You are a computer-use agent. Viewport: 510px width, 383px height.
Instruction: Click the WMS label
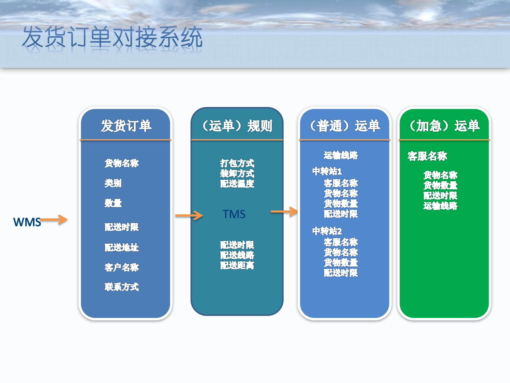coord(27,222)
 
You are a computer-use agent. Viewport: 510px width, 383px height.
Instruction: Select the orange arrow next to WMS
coord(54,220)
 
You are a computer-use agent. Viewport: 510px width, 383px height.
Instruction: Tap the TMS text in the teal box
coord(234,214)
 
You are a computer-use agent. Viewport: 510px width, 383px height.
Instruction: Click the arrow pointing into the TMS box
coord(189,215)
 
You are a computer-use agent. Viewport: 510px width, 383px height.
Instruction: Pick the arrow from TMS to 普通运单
coord(284,212)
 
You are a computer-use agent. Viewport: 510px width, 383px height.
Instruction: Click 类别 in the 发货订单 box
coord(113,183)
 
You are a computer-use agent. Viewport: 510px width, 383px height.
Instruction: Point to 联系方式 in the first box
coord(122,287)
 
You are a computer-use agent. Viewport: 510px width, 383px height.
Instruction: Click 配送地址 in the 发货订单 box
coord(122,247)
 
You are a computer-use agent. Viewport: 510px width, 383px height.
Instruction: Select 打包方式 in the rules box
coord(237,163)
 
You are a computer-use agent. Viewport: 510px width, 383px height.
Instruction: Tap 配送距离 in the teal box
coord(237,265)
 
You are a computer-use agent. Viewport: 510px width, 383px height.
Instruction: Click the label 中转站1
coord(327,171)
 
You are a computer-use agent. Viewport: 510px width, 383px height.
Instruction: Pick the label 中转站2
coord(327,231)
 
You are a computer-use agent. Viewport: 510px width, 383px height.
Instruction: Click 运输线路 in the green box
coord(440,206)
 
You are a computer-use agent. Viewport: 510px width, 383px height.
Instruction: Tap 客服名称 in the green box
coord(427,156)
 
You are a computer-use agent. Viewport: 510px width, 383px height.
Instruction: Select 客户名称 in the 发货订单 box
coord(122,267)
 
